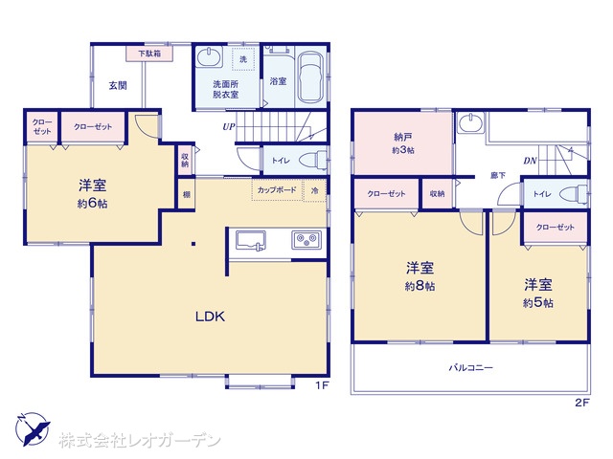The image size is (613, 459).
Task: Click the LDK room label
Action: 210,317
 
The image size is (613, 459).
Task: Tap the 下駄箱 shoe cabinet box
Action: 149,54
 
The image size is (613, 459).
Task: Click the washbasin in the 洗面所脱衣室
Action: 210,57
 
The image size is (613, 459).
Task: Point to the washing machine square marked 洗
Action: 243,59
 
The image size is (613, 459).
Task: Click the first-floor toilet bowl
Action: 313,161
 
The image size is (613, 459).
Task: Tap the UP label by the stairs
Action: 229,127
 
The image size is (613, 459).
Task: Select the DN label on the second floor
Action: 530,161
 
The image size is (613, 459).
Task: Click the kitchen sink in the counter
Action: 251,240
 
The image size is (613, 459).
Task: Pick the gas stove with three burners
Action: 306,239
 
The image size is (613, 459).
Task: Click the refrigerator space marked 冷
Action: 315,190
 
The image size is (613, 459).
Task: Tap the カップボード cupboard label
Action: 277,190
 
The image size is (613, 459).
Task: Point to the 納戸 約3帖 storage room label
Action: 403,143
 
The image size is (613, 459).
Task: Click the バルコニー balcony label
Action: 470,367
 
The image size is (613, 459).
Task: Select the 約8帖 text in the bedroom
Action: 420,286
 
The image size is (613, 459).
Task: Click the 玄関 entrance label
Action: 118,85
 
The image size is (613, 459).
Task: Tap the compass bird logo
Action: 33,429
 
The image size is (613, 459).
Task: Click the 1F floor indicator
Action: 322,385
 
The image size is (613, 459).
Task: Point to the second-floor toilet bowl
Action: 574,193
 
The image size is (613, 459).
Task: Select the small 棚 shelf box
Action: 187,194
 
